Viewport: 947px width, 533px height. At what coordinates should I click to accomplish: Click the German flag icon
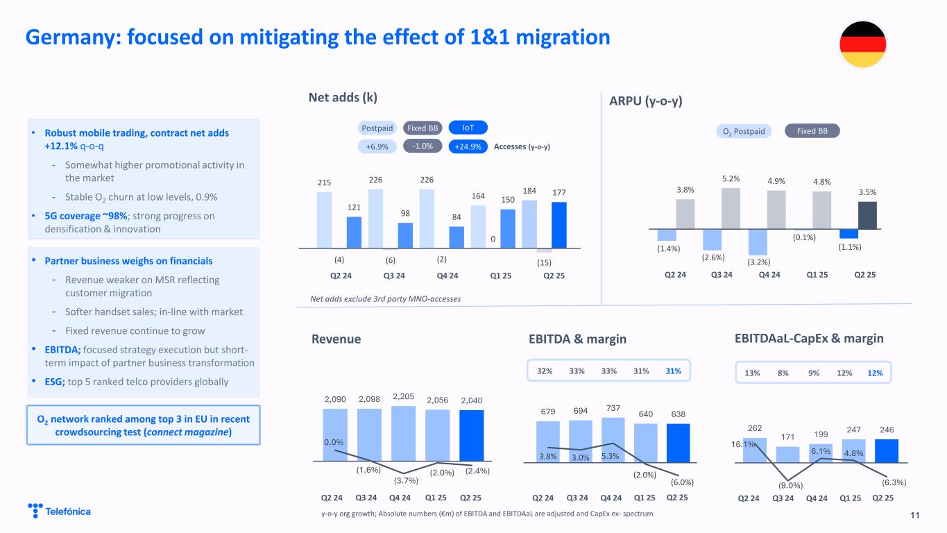click(862, 44)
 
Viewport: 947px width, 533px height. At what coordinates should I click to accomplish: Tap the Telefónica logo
click(60, 511)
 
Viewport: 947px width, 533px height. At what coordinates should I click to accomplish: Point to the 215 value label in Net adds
click(324, 183)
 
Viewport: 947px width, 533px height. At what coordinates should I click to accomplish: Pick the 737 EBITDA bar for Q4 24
click(613, 439)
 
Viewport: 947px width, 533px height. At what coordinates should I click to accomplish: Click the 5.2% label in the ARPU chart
click(731, 179)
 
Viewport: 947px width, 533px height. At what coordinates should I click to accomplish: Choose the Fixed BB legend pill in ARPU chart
click(812, 131)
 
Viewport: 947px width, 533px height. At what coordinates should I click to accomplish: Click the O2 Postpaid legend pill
click(744, 131)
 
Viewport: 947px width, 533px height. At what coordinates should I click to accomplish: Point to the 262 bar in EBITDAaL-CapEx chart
click(755, 449)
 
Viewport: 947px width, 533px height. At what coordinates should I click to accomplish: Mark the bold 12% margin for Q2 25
click(874, 373)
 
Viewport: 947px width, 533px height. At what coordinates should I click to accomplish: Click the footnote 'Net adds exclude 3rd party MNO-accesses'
click(384, 298)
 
